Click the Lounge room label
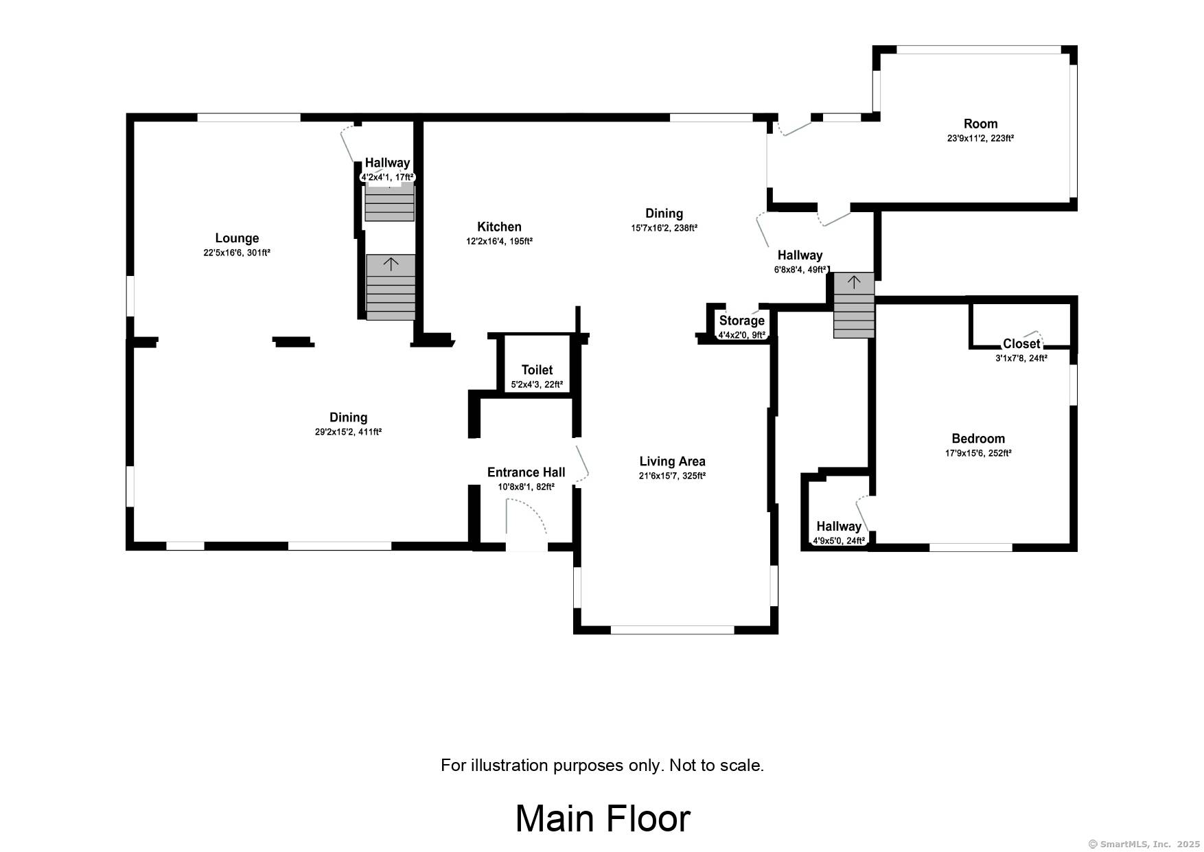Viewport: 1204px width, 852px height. tap(237, 238)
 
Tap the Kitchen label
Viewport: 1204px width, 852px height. tap(499, 227)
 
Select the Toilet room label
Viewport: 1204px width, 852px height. tap(537, 370)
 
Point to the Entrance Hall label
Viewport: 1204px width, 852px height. tap(526, 472)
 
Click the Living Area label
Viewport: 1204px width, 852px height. tap(672, 461)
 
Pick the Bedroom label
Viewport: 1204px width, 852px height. tap(978, 439)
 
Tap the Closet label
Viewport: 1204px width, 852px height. tap(1021, 344)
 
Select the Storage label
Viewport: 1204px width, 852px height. tap(741, 321)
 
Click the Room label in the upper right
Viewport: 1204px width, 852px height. tap(980, 124)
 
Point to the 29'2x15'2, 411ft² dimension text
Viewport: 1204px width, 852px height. tap(349, 432)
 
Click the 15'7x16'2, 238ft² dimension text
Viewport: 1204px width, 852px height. tap(664, 228)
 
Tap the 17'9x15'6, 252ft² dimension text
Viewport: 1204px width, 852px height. tap(978, 453)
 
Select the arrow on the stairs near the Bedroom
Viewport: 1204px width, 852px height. tap(854, 281)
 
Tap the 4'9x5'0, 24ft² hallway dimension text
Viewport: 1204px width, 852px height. tap(839, 541)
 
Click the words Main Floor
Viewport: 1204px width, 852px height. tap(603, 818)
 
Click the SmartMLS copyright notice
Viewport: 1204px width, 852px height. tap(1144, 844)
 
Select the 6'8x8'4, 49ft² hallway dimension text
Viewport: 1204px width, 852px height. tap(800, 270)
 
